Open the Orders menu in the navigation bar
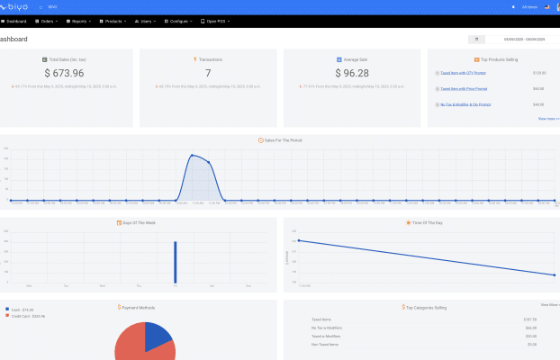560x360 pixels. tap(49, 21)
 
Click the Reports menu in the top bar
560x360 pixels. tap(80, 21)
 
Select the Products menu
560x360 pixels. tap(113, 21)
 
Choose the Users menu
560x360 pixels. tap(147, 21)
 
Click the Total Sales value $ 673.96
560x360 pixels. tap(66, 73)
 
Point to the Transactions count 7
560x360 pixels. tap(208, 73)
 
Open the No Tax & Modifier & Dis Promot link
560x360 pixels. tap(465, 104)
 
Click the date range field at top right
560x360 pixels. tap(523, 40)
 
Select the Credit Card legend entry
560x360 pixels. tap(30, 316)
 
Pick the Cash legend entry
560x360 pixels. tap(23, 310)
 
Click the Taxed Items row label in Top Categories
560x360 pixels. tap(322, 319)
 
